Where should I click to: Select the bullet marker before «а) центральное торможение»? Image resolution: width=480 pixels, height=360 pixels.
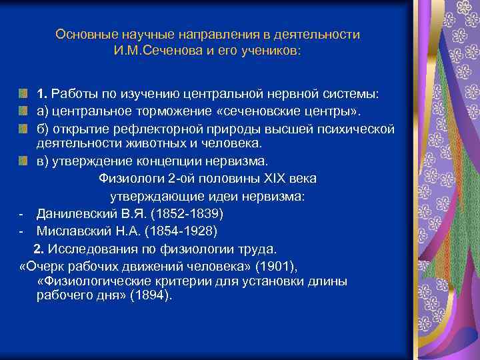click(x=23, y=109)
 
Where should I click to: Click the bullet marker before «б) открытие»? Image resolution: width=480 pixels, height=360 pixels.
click(x=23, y=127)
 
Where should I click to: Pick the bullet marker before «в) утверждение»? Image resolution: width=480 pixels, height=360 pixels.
click(x=23, y=161)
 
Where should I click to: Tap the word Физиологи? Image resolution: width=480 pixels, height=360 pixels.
click(x=129, y=179)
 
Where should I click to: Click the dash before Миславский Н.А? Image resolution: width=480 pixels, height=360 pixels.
click(x=23, y=231)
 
